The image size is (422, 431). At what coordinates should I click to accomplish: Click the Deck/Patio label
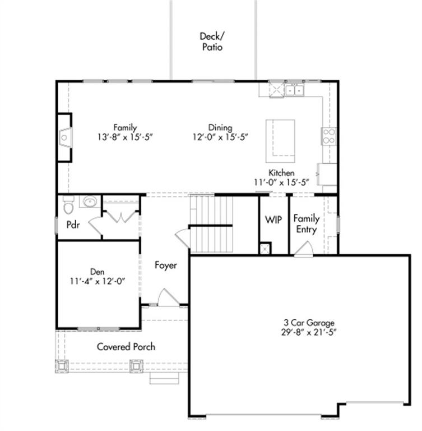(x=212, y=42)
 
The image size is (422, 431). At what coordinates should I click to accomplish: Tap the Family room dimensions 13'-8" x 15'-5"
(x=125, y=137)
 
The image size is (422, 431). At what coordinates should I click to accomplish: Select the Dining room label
(x=220, y=127)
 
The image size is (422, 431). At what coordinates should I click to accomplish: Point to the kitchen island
(x=280, y=141)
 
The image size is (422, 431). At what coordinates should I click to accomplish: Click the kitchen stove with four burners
(x=329, y=136)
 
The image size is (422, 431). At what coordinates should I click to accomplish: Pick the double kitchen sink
(x=294, y=90)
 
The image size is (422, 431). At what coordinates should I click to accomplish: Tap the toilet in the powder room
(x=68, y=205)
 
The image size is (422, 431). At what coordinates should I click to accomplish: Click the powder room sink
(x=90, y=202)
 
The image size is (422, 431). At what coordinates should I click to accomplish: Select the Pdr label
(x=73, y=225)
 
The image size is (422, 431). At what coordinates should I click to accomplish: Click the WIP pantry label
(x=273, y=219)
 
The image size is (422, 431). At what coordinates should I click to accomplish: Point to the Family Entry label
(x=307, y=224)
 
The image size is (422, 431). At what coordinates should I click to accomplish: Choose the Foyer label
(x=165, y=265)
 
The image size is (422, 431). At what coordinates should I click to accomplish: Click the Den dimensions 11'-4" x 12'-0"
(x=98, y=282)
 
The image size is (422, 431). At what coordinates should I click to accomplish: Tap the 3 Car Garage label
(x=309, y=323)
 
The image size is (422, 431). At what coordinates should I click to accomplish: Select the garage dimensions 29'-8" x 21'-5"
(x=309, y=332)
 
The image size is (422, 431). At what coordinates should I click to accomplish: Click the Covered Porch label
(x=126, y=347)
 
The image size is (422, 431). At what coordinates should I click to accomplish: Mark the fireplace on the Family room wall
(x=65, y=137)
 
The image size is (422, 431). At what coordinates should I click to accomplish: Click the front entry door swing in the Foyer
(x=168, y=298)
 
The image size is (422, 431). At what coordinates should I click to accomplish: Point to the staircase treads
(x=211, y=223)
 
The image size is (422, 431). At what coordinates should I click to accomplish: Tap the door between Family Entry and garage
(x=304, y=249)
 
